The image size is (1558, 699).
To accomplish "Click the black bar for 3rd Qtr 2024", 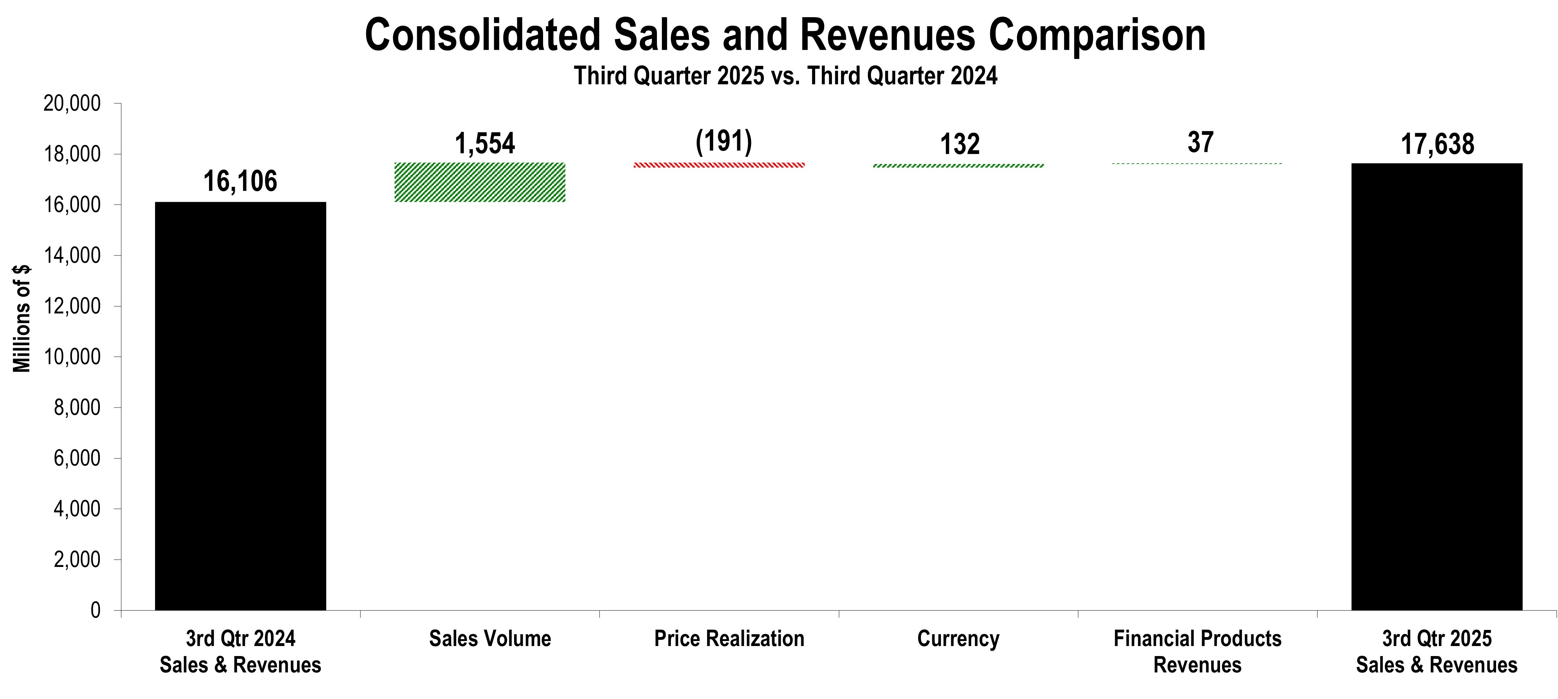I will click(240, 405).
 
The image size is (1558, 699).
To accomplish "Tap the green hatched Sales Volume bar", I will click(480, 182).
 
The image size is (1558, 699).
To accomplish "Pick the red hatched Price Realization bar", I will click(719, 165).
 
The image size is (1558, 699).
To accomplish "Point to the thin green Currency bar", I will click(959, 165).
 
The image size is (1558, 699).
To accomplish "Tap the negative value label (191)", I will click(724, 141).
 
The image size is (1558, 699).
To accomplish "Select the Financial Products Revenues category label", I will click(1197, 651).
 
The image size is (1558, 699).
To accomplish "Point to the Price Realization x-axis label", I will click(729, 639).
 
